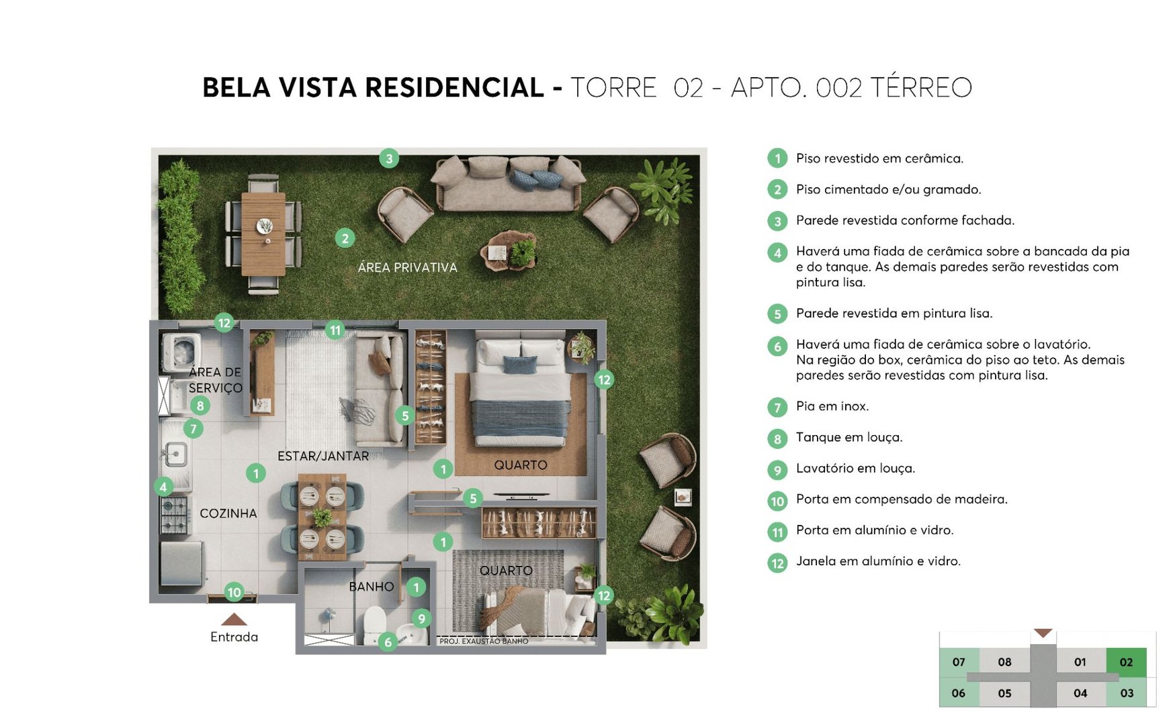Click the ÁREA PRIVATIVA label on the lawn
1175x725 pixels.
[x=407, y=268]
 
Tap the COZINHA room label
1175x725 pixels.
[x=228, y=514]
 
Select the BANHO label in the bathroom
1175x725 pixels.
[x=371, y=587]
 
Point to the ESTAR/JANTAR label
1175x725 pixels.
[x=322, y=456]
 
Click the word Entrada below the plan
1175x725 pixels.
[x=234, y=637]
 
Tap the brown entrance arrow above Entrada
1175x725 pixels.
[x=234, y=620]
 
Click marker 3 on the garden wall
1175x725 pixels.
[x=389, y=159]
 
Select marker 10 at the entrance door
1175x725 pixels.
[x=234, y=592]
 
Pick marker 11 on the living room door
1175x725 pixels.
[x=335, y=330]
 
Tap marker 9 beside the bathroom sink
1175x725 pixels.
[x=421, y=619]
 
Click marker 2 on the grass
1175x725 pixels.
[x=345, y=238]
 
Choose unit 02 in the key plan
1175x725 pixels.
[x=1126, y=662]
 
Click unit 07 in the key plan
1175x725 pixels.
[x=959, y=662]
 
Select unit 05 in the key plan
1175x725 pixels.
[x=1004, y=693]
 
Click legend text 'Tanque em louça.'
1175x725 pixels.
[x=849, y=438]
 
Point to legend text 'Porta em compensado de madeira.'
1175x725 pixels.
[x=902, y=499]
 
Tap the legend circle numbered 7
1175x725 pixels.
[x=777, y=407]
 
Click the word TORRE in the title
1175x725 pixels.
[x=613, y=88]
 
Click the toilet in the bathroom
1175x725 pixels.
[x=374, y=625]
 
